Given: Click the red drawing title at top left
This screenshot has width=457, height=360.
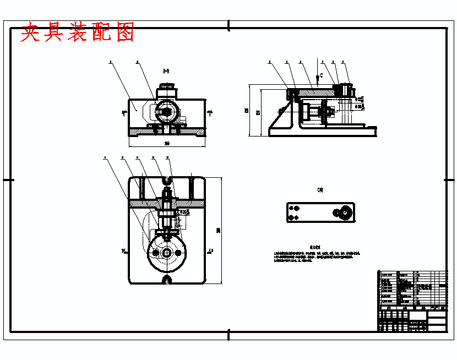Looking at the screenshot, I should coord(78,34).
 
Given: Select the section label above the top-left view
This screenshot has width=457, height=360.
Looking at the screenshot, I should coord(166,72).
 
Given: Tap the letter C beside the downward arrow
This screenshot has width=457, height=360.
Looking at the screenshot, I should coord(322,75).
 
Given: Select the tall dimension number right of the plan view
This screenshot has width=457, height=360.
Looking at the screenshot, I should coord(218,230).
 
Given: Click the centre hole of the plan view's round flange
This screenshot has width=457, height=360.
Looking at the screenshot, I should coord(167,253).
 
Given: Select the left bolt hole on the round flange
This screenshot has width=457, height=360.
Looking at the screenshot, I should coord(156,253).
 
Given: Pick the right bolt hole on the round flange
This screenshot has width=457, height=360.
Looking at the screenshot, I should coord(178,253).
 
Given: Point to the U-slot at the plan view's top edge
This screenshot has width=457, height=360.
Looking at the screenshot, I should coord(167,179).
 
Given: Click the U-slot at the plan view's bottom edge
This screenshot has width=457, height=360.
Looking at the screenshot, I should coord(167,280).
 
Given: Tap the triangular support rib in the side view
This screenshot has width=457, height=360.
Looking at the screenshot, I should coord(280,117).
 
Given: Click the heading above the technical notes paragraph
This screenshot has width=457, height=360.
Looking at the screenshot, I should coord(315,248).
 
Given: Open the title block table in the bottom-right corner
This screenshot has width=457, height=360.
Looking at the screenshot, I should coord(412,300).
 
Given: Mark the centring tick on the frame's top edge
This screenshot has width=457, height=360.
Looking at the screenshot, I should coord(228,25).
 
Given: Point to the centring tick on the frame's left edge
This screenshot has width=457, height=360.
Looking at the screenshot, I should coord(8,179).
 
